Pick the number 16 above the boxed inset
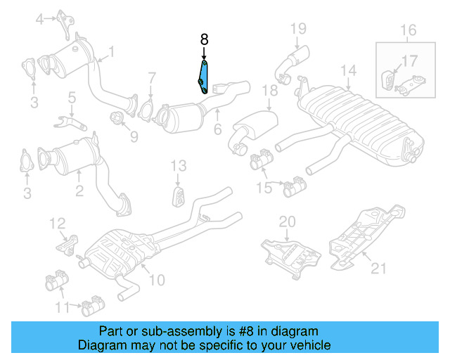[409, 30]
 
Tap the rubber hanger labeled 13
[178, 196]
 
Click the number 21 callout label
[379, 268]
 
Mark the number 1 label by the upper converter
[110, 51]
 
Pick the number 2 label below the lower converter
[79, 189]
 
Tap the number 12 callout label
[57, 224]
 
